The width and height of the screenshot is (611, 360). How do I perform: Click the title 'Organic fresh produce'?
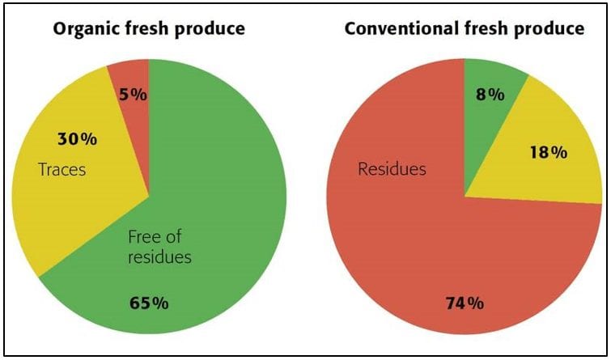click(149, 30)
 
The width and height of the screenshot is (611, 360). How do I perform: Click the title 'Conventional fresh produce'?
click(465, 30)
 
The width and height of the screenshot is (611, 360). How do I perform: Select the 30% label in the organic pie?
click(77, 139)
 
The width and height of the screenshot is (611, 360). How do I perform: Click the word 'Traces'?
click(62, 171)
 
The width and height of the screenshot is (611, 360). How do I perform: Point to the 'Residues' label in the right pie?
click(392, 171)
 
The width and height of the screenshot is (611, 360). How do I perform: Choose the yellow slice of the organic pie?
click(81, 194)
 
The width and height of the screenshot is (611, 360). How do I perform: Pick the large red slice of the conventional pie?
click(421, 243)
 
